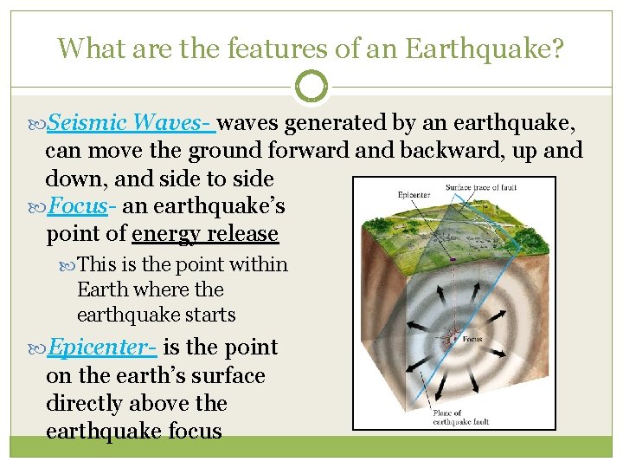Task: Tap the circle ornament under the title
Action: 311,87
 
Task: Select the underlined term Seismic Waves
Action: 130,123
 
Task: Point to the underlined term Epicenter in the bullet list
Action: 101,348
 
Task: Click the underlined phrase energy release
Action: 205,234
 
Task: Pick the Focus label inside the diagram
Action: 472,340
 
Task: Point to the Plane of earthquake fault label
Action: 461,418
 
